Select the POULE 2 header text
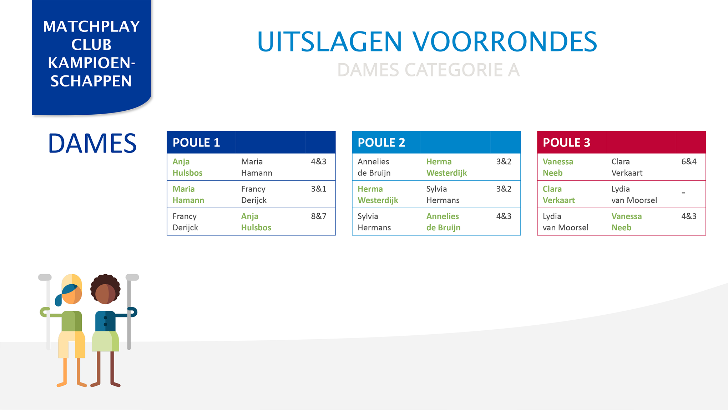(381, 142)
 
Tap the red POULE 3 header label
(566, 142)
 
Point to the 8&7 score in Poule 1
(319, 216)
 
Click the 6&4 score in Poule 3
(689, 161)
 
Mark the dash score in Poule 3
(683, 193)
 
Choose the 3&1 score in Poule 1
(319, 189)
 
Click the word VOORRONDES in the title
(505, 42)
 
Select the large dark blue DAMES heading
(92, 144)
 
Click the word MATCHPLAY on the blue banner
(91, 26)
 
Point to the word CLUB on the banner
(91, 45)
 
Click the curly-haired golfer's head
(105, 289)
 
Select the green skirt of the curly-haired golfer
(105, 341)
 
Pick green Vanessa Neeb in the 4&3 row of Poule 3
(626, 222)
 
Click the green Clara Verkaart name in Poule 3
(558, 194)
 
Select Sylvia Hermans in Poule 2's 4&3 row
(374, 222)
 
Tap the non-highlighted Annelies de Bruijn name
(374, 167)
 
